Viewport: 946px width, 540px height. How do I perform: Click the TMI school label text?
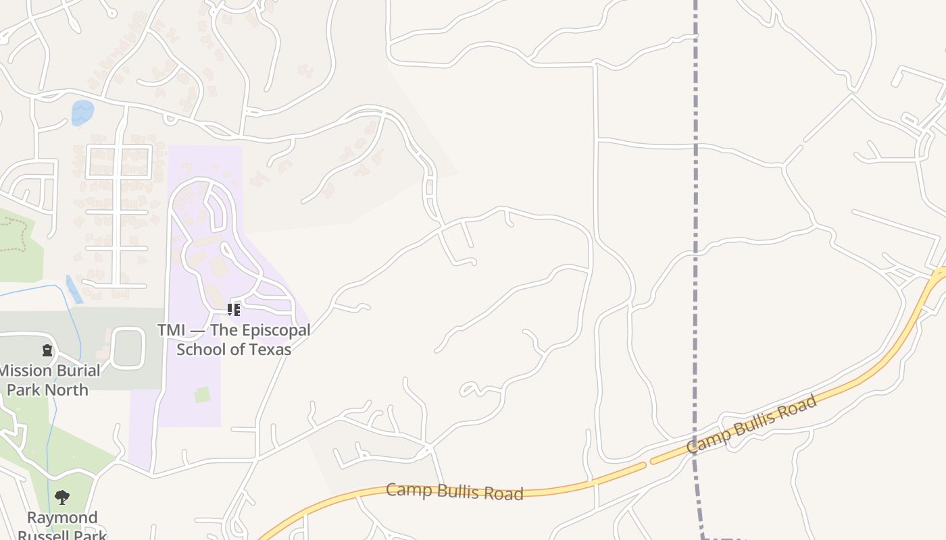(234, 340)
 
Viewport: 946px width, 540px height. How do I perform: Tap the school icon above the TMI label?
(234, 310)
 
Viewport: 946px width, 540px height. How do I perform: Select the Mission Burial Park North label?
(49, 380)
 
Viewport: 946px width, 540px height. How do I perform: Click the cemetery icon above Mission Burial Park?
(47, 350)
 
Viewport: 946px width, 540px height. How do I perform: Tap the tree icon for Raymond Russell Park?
(62, 498)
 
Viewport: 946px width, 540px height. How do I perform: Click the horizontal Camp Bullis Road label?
(454, 491)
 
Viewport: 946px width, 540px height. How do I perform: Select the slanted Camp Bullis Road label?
(751, 425)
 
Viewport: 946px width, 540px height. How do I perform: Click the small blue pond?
(82, 112)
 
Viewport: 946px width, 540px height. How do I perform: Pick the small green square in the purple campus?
(203, 395)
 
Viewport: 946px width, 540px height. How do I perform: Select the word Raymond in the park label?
(62, 518)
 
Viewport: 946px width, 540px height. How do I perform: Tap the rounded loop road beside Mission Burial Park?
(128, 348)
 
